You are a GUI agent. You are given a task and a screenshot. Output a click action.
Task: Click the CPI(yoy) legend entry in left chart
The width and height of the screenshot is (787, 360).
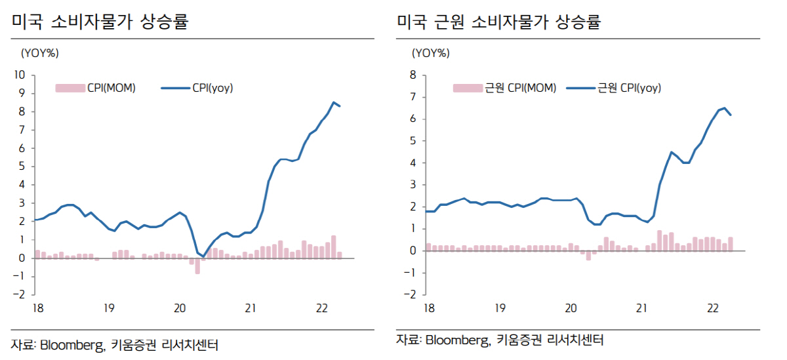click(197, 88)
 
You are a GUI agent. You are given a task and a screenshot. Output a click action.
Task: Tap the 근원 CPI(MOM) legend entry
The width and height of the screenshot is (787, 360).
click(505, 88)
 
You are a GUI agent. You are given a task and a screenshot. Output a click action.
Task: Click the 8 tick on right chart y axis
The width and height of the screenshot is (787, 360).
click(413, 75)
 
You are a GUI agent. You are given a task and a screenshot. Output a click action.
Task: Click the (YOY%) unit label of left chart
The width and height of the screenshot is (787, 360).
click(40, 52)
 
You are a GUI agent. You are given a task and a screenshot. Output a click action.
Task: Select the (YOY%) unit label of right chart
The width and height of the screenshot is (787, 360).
click(432, 52)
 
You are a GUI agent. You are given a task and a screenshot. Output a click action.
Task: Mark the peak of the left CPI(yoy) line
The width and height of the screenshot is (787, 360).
click(334, 102)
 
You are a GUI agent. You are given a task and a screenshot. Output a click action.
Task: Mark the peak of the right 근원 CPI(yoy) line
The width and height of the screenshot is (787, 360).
click(724, 108)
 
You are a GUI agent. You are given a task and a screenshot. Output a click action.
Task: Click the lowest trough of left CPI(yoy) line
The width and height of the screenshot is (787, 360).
click(203, 256)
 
